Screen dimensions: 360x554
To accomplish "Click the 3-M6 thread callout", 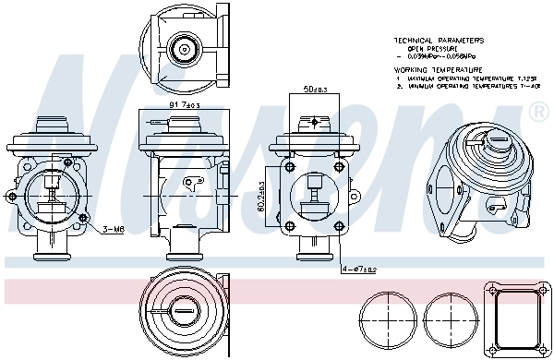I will [114, 228].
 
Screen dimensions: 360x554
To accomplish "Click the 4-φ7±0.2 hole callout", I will [358, 270].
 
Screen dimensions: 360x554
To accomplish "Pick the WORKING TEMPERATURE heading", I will [438, 70].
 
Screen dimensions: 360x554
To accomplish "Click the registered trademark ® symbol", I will [537, 112].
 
